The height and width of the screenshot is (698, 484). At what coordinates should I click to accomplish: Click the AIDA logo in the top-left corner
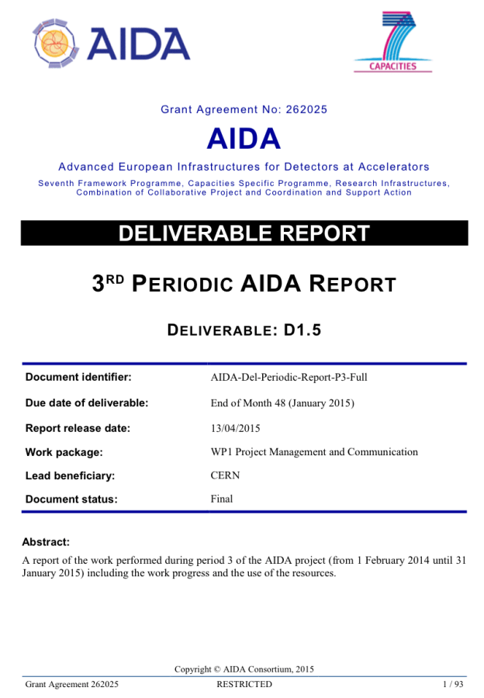(112, 41)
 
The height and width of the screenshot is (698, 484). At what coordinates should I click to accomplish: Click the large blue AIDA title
(244, 139)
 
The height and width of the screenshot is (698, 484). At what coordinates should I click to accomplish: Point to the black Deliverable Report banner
(244, 233)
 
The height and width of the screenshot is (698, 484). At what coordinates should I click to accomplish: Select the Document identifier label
(78, 378)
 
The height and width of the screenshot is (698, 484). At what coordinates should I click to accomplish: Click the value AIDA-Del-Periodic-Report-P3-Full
(289, 378)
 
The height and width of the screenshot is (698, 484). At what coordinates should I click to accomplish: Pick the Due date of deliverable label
(87, 403)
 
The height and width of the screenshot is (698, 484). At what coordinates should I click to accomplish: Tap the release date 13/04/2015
(235, 427)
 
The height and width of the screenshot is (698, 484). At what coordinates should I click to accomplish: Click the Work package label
(64, 451)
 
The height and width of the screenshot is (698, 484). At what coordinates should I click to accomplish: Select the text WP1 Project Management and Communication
(314, 451)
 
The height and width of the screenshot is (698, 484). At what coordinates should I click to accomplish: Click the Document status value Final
(222, 499)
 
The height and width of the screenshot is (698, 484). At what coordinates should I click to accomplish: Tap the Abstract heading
(46, 542)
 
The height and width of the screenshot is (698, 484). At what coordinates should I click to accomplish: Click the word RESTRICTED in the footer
(244, 684)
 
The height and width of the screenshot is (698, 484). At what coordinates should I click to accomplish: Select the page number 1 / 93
(452, 684)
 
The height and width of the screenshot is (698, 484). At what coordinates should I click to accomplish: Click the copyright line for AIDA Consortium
(244, 669)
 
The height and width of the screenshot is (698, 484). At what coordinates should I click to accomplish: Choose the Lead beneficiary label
(71, 475)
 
